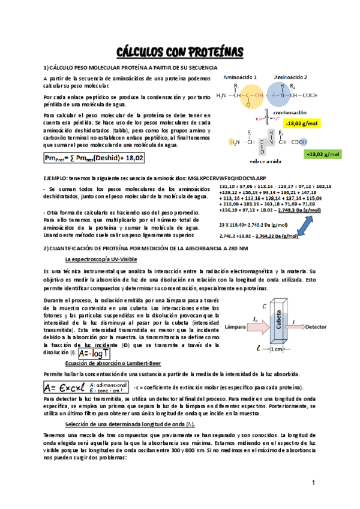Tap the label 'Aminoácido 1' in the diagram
coord(241,77)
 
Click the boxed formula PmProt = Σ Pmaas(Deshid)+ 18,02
coord(94,158)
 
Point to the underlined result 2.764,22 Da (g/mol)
coord(277,236)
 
